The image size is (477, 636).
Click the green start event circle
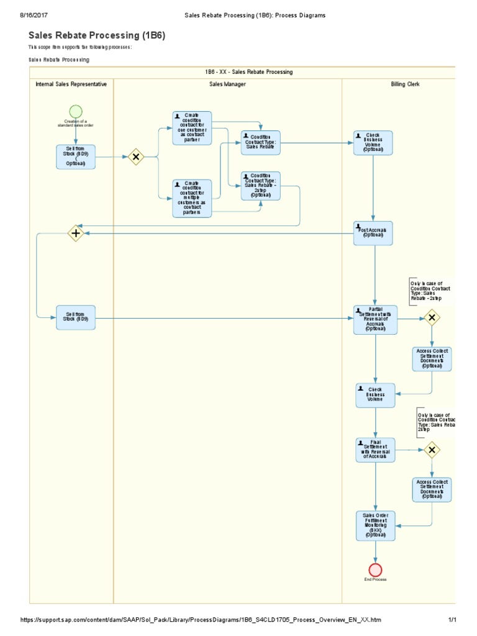76,111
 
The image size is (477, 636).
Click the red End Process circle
375,570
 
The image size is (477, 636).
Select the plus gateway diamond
76,234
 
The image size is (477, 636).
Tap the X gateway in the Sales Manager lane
135,157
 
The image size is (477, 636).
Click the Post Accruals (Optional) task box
373,233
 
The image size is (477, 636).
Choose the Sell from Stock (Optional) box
76,157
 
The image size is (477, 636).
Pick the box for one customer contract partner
192,128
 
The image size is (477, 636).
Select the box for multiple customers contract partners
192,198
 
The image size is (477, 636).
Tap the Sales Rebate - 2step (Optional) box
261,186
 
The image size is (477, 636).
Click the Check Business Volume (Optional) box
373,143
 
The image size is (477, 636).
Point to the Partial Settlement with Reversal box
375,319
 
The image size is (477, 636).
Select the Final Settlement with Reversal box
375,450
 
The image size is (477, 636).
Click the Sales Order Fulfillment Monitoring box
375,525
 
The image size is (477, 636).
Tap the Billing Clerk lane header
405,84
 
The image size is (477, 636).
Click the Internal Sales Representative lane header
71,84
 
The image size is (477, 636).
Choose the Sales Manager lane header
227,84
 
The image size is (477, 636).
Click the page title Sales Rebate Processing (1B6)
97,36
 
